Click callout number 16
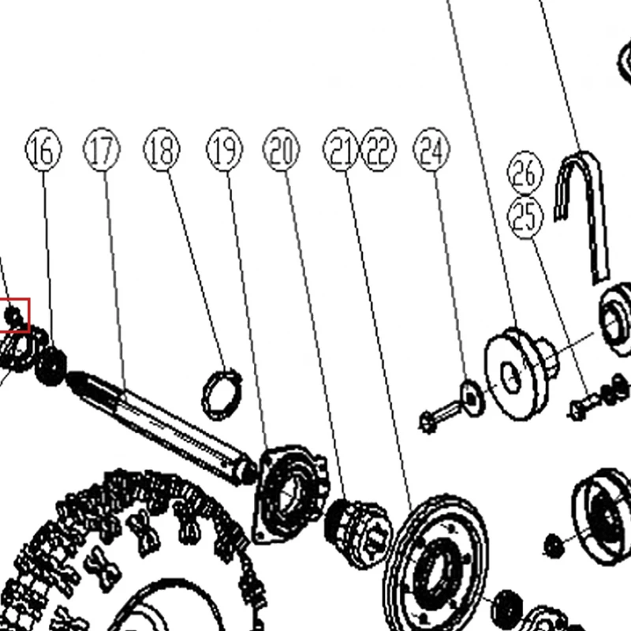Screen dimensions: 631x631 [43, 150]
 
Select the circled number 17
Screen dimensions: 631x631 [102, 150]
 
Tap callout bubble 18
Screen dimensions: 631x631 [162, 150]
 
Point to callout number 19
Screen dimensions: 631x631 [225, 150]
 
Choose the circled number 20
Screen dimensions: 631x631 [282, 150]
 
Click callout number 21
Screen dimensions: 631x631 [341, 150]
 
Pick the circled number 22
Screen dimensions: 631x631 [379, 150]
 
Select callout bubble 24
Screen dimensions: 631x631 [431, 150]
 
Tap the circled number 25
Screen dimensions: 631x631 [525, 218]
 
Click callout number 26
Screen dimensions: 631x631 [525, 173]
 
